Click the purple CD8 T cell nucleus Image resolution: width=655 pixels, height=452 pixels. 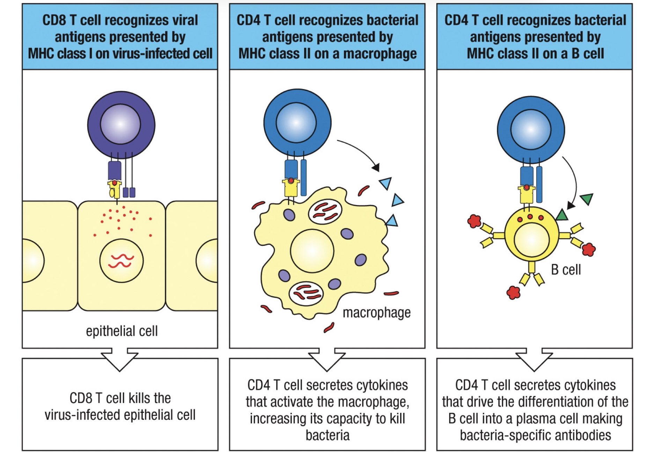120,124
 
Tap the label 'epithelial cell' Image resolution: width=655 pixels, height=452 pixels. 122,331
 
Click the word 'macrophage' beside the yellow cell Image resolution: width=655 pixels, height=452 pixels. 376,313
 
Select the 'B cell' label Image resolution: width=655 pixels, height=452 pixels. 566,270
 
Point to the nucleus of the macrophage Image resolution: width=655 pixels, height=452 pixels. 312,251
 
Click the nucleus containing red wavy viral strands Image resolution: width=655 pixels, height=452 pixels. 121,261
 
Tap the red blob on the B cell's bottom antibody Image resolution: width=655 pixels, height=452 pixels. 513,292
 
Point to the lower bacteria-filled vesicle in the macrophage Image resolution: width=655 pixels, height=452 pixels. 306,293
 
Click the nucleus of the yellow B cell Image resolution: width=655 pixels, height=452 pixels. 531,240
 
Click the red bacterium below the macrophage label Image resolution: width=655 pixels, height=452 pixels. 329,328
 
